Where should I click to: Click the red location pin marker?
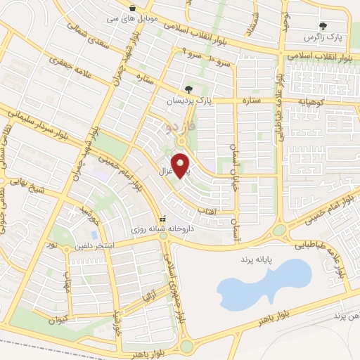181,166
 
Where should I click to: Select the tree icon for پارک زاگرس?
323,27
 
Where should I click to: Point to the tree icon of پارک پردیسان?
188,89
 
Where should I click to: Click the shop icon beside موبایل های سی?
132,8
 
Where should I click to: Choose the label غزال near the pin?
165,171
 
